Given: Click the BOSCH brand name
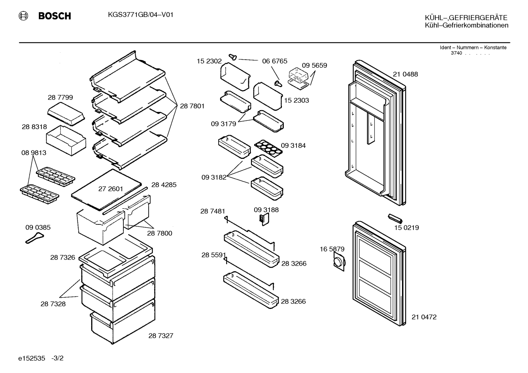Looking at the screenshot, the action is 55,16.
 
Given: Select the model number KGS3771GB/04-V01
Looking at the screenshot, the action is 141,15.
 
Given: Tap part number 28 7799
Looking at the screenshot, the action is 60,97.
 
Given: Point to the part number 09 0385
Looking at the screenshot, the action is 38,227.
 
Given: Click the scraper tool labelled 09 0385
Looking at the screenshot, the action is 34,238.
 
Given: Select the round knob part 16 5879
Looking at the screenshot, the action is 339,262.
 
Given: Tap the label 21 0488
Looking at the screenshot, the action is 405,74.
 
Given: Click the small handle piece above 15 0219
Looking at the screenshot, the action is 395,218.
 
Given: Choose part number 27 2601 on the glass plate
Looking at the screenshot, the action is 111,189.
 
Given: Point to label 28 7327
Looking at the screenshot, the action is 161,336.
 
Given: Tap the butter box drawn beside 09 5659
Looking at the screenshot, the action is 298,79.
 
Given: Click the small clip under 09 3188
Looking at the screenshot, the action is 264,219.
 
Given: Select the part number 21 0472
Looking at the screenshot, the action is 424,317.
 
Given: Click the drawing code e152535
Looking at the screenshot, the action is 31,358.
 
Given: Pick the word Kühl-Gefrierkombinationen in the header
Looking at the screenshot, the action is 466,25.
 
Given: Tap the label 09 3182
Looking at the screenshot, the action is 214,177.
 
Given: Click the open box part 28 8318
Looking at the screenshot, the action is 66,141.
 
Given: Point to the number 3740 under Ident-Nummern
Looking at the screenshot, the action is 456,53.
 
